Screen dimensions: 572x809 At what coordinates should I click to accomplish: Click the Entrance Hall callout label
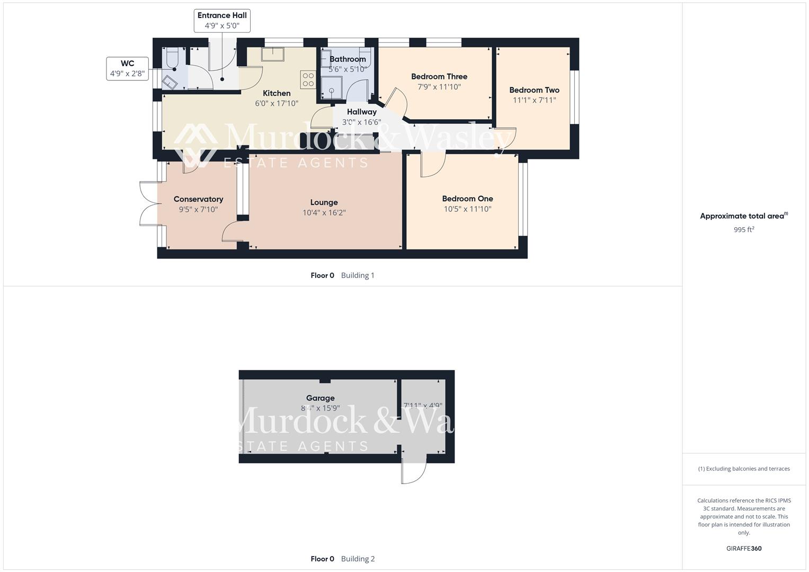222,21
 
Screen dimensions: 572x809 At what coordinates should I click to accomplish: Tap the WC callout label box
127,68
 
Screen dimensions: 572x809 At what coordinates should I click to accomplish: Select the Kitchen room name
277,93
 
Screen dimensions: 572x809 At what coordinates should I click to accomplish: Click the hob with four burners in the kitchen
308,79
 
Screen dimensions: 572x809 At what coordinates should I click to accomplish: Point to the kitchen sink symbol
273,54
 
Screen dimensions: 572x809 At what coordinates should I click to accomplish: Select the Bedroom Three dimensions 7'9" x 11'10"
439,87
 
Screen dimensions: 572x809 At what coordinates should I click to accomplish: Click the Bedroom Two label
534,90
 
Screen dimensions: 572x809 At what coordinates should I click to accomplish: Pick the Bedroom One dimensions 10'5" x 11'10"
467,209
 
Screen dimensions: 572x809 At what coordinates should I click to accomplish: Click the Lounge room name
324,202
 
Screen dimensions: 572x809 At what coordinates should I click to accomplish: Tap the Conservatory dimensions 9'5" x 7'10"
198,210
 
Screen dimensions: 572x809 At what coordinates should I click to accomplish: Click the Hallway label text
361,112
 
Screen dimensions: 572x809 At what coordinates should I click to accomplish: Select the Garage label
320,398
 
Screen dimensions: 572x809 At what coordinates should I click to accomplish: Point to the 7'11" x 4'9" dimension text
423,406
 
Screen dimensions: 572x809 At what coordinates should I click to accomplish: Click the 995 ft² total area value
744,230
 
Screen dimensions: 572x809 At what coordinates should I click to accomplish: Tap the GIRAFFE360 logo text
744,548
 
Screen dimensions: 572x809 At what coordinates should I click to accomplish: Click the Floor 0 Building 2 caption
342,559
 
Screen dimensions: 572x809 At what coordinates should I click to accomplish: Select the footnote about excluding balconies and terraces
744,469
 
